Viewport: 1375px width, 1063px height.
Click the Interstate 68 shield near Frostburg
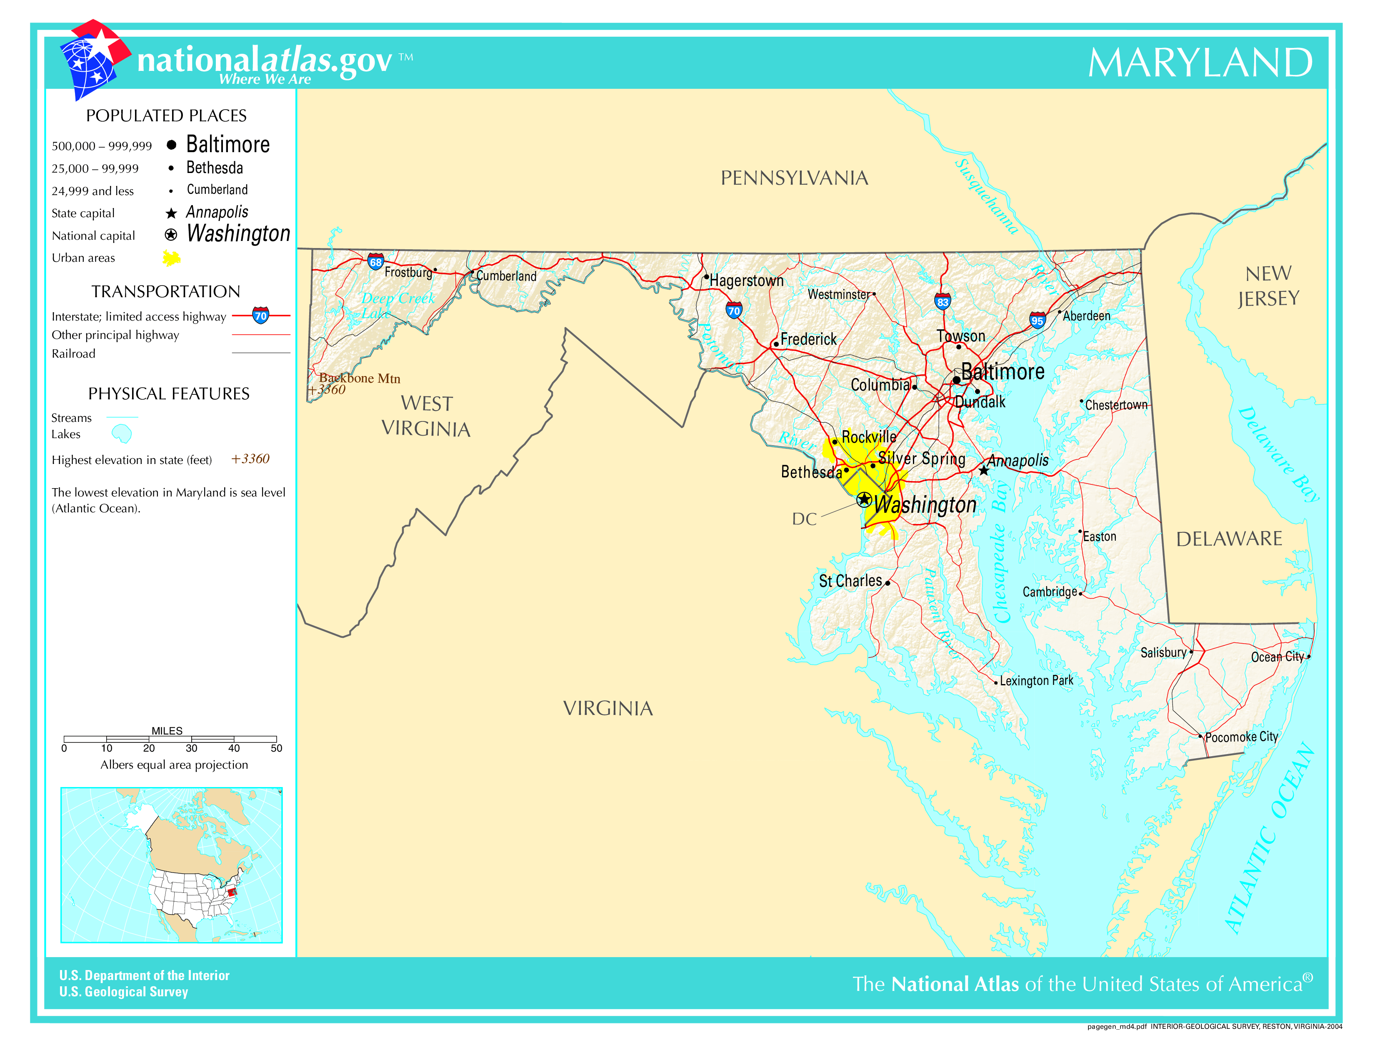[x=376, y=261]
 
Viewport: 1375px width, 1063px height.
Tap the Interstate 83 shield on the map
[x=942, y=302]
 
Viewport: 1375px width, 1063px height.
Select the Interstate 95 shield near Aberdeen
[x=1037, y=320]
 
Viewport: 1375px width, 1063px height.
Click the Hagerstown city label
[x=747, y=281]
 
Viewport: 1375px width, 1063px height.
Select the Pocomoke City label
[x=1242, y=737]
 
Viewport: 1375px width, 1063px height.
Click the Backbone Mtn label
[x=360, y=378]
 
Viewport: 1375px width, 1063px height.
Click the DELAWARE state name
[x=1229, y=539]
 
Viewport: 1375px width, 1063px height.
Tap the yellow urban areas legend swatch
[x=171, y=258]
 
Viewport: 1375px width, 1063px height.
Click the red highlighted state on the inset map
[x=231, y=891]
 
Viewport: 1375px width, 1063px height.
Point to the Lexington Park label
[x=1036, y=681]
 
